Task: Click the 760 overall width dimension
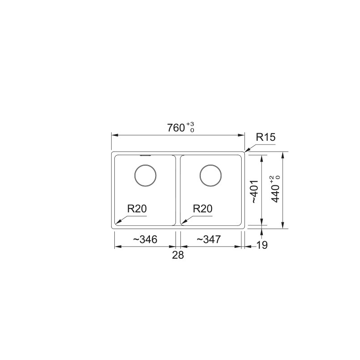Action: [x=176, y=128]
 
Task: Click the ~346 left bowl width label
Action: [x=145, y=240]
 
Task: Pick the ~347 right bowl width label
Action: [x=208, y=240]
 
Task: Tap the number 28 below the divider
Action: [x=178, y=256]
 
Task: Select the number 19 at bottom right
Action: [x=262, y=245]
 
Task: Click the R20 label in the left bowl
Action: [x=137, y=209]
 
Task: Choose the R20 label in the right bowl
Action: [x=202, y=209]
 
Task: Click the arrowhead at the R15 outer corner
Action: [x=246, y=150]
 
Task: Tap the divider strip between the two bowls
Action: [x=178, y=189]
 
